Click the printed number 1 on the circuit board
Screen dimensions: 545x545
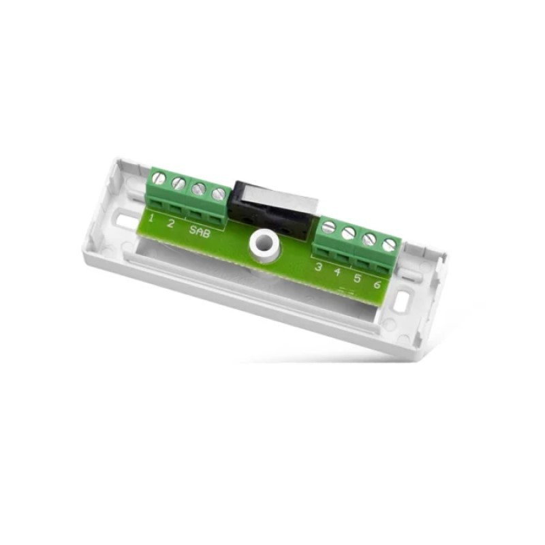click(x=151, y=218)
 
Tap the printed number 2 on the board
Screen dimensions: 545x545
click(x=170, y=223)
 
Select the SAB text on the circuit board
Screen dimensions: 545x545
click(x=200, y=232)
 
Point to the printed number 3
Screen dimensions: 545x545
click(x=317, y=267)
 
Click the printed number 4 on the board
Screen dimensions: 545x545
click(x=337, y=272)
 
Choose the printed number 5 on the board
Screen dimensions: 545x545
click(x=356, y=278)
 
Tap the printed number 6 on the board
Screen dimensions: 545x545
click(x=377, y=284)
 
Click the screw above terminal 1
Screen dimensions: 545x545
click(x=159, y=179)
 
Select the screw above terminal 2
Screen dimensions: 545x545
click(x=178, y=183)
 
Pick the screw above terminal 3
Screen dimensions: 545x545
click(x=328, y=228)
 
